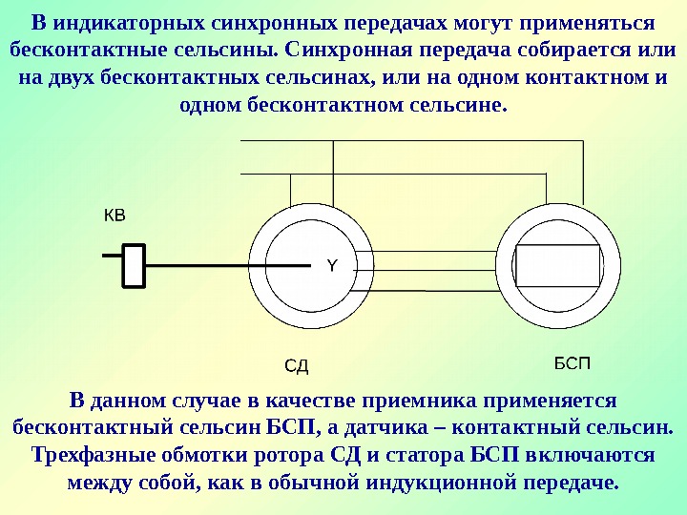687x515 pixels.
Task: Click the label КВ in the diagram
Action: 114,216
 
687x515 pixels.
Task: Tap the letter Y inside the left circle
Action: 332,265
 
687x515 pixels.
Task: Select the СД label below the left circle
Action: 299,366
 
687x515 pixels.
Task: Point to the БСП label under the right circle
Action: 573,363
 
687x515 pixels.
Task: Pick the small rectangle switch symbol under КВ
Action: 135,264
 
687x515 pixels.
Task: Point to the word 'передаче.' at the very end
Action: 571,481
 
